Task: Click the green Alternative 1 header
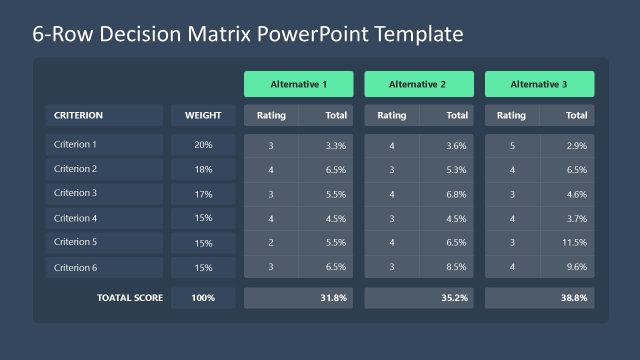click(299, 84)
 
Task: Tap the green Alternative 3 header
click(540, 84)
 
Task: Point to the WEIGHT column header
click(203, 115)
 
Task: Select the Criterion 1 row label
click(76, 144)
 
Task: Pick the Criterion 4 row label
click(76, 218)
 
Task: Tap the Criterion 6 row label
click(76, 267)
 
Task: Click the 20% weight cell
click(203, 145)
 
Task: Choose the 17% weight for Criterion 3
click(203, 194)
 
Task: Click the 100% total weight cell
click(203, 298)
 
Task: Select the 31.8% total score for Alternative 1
click(333, 298)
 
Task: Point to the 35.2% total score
click(453, 298)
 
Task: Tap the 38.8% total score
click(574, 298)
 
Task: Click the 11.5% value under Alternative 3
click(574, 243)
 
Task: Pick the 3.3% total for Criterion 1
click(336, 146)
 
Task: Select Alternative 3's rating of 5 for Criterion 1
click(512, 146)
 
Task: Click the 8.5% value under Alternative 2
click(456, 267)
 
